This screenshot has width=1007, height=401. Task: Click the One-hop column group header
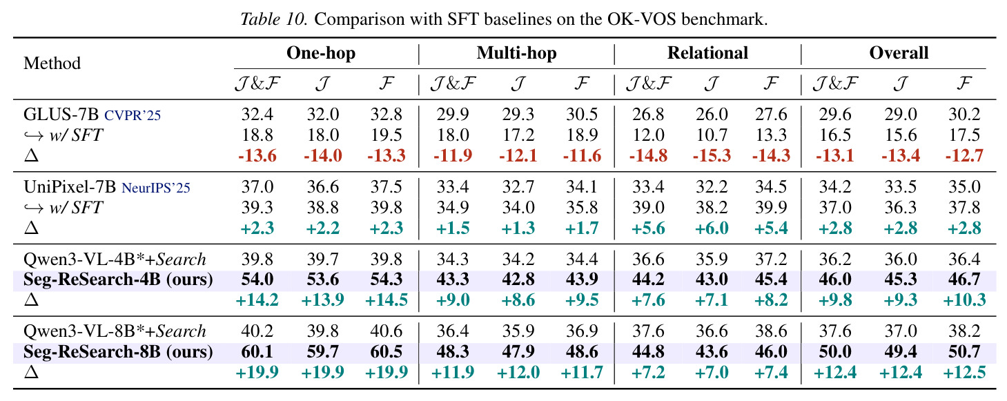321,54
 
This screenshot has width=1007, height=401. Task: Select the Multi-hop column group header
516,54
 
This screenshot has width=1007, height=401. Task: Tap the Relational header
707,53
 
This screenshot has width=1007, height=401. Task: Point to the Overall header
899,53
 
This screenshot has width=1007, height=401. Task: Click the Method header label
52,63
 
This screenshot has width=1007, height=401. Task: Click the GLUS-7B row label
61,115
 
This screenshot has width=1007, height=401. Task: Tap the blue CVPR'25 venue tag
133,115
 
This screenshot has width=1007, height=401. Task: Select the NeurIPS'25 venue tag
156,188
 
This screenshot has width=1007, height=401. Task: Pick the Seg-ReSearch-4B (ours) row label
118,280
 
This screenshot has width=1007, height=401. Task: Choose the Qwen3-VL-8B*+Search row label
115,331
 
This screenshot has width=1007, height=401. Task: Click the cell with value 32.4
257,115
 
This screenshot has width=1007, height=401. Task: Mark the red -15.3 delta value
712,156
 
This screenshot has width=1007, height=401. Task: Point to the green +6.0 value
712,228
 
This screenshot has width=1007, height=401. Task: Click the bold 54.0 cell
257,279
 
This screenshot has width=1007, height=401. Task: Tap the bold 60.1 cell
257,351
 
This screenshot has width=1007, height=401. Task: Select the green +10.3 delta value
964,300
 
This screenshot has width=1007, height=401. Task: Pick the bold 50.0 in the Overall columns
835,351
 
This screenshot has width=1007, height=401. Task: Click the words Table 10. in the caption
274,19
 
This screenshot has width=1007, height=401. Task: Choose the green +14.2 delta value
257,300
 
